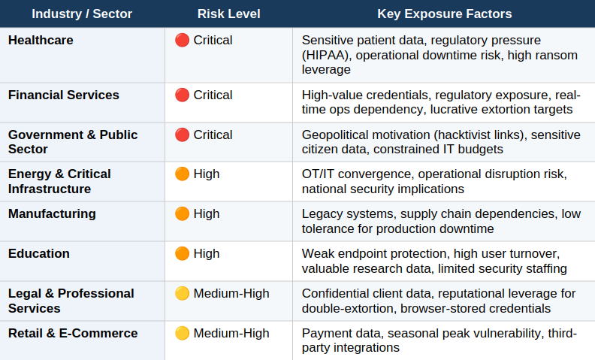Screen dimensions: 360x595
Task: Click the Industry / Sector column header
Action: click(x=83, y=14)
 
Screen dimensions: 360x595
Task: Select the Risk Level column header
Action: click(x=228, y=14)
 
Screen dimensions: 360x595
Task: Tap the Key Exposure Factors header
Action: click(x=444, y=14)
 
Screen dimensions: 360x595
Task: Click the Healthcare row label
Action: click(x=41, y=40)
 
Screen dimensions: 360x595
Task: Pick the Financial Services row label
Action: click(x=64, y=95)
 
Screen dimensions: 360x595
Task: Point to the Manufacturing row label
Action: click(x=52, y=213)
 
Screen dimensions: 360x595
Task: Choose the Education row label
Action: click(x=39, y=253)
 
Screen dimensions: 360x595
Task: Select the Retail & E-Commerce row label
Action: click(x=73, y=333)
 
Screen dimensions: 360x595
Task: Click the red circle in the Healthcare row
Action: click(x=182, y=40)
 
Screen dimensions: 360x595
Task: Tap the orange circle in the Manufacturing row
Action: click(x=182, y=213)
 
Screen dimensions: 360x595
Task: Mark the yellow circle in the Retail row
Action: click(x=182, y=333)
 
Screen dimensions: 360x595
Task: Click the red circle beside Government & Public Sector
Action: click(x=182, y=135)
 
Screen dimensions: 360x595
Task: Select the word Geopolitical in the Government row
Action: click(x=337, y=135)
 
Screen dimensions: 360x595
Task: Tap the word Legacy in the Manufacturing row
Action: click(x=322, y=214)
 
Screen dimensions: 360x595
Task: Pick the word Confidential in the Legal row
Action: click(x=337, y=293)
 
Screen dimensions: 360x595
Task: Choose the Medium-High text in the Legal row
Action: click(x=231, y=293)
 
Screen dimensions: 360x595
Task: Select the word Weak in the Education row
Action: click(x=319, y=253)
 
